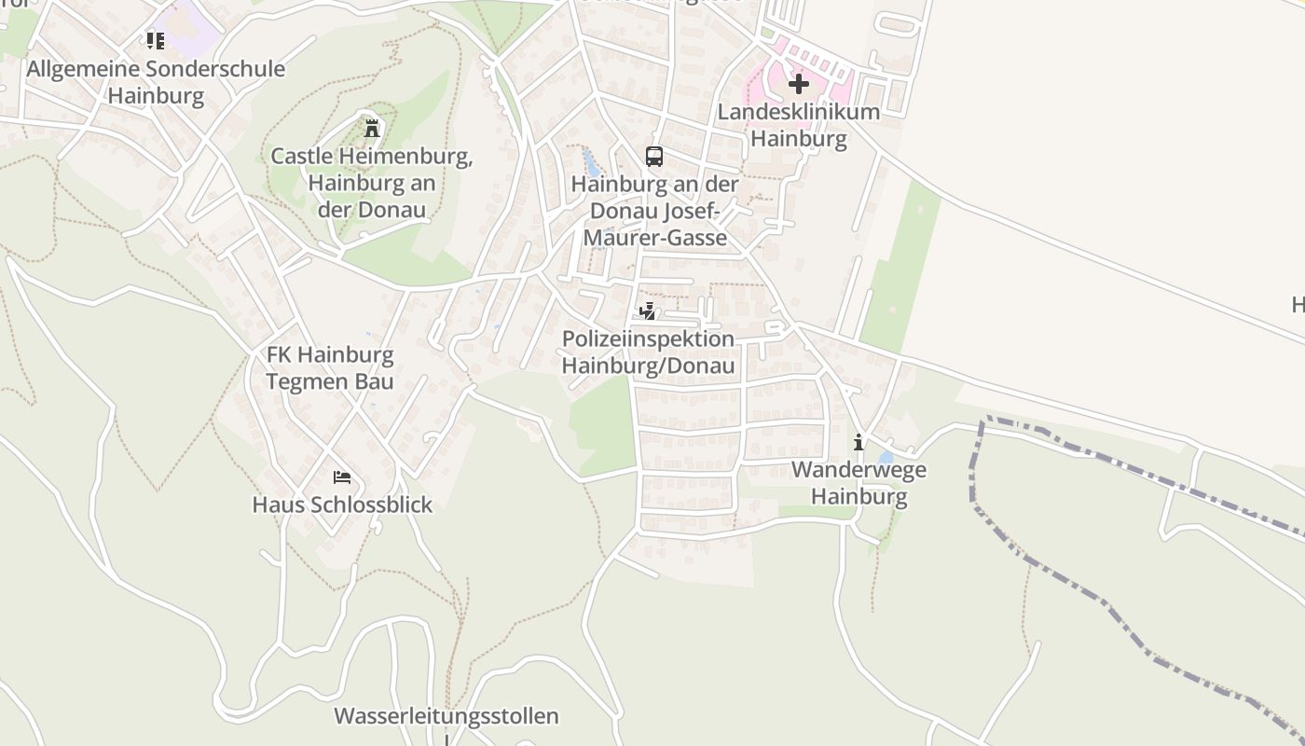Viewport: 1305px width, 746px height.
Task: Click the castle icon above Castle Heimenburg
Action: (x=372, y=128)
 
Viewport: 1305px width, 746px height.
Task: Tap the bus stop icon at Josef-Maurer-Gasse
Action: (x=654, y=156)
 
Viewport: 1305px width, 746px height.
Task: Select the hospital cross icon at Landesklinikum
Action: (x=798, y=84)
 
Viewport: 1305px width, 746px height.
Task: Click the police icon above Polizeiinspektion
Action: (x=647, y=311)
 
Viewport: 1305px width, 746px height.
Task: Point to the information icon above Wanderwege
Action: (x=859, y=441)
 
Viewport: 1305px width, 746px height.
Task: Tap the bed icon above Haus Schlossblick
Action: (x=342, y=477)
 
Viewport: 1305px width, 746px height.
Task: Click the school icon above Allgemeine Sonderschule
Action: (x=155, y=41)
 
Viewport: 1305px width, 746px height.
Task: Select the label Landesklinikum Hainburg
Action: (x=799, y=125)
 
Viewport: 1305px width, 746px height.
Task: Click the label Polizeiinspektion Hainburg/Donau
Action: (x=649, y=352)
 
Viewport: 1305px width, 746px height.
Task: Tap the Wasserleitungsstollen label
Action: (x=446, y=716)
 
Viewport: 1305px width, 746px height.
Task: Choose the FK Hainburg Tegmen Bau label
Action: (x=330, y=368)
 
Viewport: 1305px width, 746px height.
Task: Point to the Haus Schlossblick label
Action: (x=342, y=504)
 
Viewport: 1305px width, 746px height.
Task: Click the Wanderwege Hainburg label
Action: (x=859, y=483)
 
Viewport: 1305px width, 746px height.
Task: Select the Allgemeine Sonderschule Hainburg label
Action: (x=156, y=82)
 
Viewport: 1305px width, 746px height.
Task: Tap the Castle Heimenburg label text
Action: (x=372, y=182)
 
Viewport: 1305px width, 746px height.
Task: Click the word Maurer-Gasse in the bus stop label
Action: (x=655, y=238)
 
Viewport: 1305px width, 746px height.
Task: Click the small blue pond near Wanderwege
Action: (x=885, y=457)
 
